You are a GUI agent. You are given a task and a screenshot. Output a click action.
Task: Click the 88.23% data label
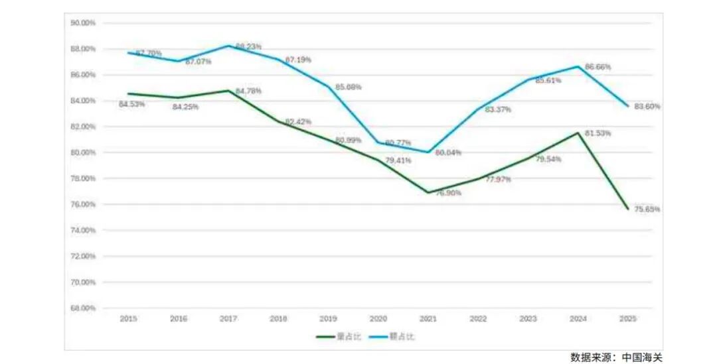tap(248, 46)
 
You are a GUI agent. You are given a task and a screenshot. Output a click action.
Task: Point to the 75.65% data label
tap(647, 210)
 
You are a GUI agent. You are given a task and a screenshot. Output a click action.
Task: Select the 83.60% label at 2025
tap(647, 106)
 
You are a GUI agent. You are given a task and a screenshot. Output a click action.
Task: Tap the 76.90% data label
tap(449, 193)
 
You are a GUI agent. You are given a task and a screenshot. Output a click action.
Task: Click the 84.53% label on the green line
tap(132, 104)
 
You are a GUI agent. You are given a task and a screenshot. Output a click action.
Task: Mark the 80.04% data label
tap(448, 153)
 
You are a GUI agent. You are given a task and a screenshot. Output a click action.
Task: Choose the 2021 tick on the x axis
tap(428, 319)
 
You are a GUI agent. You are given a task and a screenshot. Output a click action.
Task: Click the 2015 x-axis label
tap(128, 319)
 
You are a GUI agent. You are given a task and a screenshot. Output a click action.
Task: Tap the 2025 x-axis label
tap(627, 319)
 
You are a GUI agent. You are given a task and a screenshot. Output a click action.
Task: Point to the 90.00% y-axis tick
tap(83, 23)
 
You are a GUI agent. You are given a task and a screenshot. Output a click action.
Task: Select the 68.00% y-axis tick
tap(83, 308)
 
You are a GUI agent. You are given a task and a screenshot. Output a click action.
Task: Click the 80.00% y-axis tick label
tap(83, 152)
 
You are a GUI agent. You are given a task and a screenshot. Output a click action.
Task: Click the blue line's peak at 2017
tap(228, 46)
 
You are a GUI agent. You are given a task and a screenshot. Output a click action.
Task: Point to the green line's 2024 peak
tap(578, 133)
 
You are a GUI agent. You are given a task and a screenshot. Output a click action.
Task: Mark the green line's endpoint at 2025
tap(627, 209)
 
